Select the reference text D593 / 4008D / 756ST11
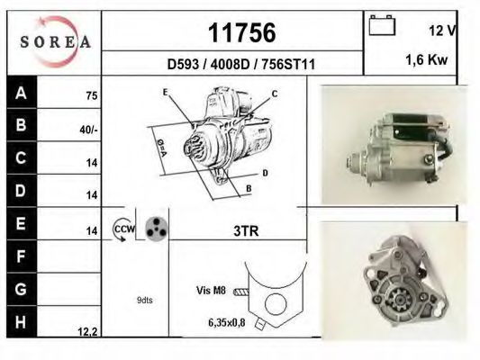235,65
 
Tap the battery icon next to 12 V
382,26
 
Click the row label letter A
20,93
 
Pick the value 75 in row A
90,95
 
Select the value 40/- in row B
88,129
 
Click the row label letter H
20,321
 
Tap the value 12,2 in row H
87,332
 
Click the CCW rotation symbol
122,229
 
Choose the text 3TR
244,231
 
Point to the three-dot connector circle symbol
156,229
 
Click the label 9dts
145,300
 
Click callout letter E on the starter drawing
167,93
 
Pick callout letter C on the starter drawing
274,93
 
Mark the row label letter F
20,256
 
